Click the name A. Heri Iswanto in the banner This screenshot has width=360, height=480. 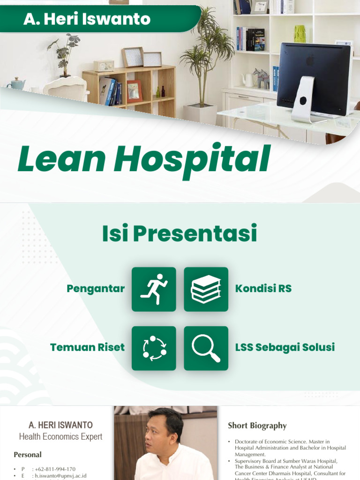click(x=87, y=19)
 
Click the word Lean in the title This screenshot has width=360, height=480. click(x=60, y=160)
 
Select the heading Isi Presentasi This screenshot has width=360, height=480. click(x=180, y=234)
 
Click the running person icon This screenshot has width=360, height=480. click(x=154, y=289)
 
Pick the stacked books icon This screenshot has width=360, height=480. click(x=206, y=289)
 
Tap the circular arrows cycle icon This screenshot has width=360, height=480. click(x=154, y=348)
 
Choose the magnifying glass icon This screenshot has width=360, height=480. click(x=206, y=348)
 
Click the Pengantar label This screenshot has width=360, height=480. click(x=96, y=288)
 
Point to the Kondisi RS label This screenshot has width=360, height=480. click(x=263, y=288)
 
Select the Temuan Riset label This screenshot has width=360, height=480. click(x=87, y=347)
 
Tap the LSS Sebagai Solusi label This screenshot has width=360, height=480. click(x=285, y=347)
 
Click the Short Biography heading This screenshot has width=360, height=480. click(x=257, y=426)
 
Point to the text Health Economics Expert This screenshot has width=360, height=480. click(x=60, y=437)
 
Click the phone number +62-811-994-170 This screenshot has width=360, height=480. click(x=54, y=469)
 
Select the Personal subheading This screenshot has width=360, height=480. click(x=28, y=455)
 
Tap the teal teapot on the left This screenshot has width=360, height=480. click(x=17, y=83)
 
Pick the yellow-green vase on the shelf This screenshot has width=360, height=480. click(x=300, y=34)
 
